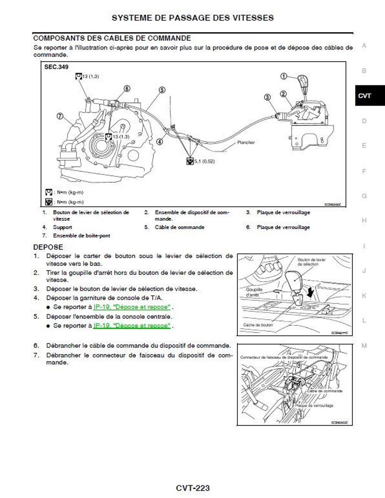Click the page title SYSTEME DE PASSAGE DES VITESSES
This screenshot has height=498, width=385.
coord(192,18)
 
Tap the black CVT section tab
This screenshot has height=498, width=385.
coord(365,96)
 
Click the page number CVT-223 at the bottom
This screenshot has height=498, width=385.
coord(192,488)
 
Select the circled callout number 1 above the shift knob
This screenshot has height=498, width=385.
coord(284,76)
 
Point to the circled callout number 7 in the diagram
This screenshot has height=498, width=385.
coord(60,116)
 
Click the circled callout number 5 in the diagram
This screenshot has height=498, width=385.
coord(162,90)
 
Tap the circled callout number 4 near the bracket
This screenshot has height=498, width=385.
coord(160,142)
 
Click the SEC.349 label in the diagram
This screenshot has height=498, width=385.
coord(56,67)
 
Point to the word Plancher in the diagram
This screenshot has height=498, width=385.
coord(246,142)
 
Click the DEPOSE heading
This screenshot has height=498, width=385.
coord(48,247)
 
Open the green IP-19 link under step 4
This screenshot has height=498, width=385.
coord(132,307)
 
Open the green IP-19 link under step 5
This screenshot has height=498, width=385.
coord(132,325)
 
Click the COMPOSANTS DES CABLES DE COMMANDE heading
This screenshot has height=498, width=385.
coord(112,38)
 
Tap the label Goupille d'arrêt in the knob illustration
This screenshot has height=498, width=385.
coord(254,292)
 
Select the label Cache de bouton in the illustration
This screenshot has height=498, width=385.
coord(258,325)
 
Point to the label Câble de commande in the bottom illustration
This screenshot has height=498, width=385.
coord(325,391)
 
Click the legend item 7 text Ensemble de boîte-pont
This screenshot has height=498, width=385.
coord(82,235)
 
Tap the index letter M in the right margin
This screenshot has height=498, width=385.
coord(364,346)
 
